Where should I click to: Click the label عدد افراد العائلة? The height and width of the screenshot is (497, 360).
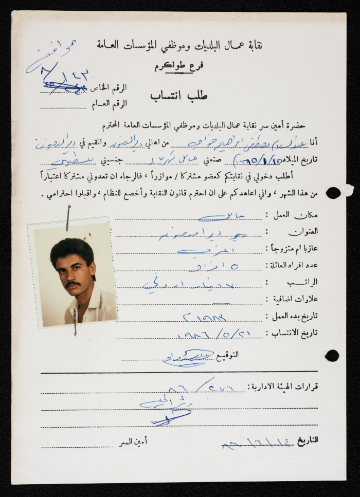[x=289, y=265]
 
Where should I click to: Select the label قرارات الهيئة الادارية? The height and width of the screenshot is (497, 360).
[x=283, y=386]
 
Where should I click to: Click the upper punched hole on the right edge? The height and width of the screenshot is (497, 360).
[x=333, y=193]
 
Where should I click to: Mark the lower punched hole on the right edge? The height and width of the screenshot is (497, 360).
[x=332, y=355]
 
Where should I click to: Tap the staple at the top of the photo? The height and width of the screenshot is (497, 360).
[x=68, y=217]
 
